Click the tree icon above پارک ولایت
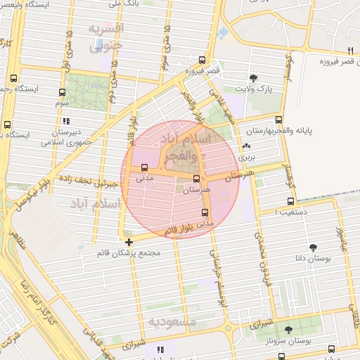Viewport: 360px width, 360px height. coord(253,78)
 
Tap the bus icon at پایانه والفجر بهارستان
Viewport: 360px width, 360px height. coord(279,120)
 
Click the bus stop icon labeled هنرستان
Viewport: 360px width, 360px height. coord(196,179)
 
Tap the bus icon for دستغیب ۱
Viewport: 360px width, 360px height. coord(290,202)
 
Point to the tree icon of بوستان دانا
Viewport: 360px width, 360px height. coord(313,247)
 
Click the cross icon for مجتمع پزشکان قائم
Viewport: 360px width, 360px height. coord(129,243)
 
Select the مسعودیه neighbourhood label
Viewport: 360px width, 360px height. coord(172,321)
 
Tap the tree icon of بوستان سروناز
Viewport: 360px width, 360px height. coord(288,329)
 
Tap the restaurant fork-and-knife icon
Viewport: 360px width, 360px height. coord(349,50)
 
